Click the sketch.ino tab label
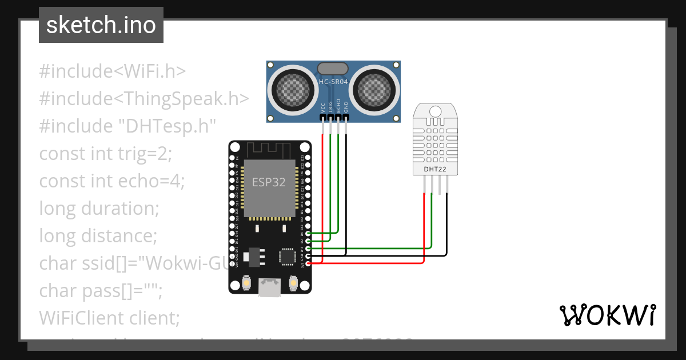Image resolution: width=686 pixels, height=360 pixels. [101, 25]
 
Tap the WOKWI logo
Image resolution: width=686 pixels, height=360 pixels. [607, 315]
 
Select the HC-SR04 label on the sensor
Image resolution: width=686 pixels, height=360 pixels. [333, 82]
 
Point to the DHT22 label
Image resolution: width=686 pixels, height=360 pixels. [436, 169]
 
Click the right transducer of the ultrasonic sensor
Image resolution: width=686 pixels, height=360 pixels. [374, 89]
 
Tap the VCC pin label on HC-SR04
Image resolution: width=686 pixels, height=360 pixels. [323, 107]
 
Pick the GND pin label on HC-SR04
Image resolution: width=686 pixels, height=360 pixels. [346, 107]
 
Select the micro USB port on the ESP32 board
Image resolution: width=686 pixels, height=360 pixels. [270, 287]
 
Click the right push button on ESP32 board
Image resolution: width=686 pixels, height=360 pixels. [293, 282]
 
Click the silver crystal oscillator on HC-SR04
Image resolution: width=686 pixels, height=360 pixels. [333, 69]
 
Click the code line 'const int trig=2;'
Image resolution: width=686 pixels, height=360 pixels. [105, 154]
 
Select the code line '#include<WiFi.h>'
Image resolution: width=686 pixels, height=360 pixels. [113, 71]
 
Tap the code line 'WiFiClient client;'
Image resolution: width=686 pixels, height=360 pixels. [109, 318]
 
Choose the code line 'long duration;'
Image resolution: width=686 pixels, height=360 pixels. [99, 209]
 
